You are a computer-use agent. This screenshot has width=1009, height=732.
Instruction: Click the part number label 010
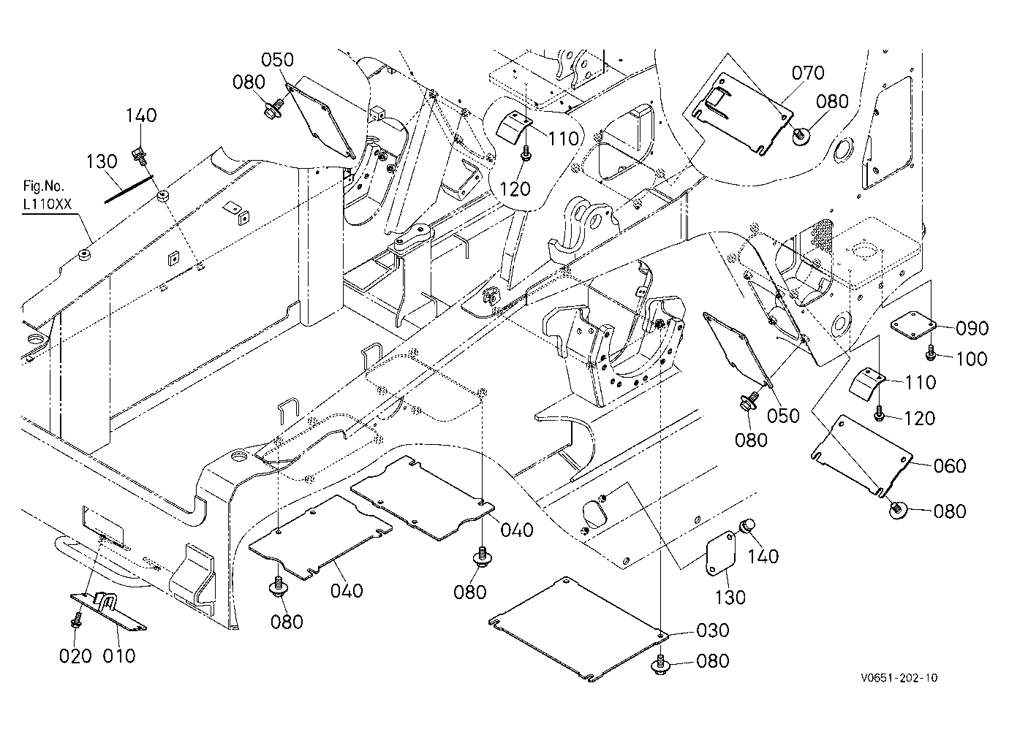tap(119, 655)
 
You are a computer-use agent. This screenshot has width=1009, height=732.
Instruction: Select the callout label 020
tap(75, 655)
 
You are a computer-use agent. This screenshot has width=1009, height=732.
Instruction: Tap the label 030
tap(713, 630)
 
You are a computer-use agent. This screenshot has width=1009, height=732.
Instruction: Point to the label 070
tap(808, 72)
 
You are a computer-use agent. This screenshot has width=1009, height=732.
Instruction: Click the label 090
tap(972, 328)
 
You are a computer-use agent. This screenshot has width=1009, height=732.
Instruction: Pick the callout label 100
tap(971, 359)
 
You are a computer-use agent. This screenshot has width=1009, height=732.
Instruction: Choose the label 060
tap(950, 465)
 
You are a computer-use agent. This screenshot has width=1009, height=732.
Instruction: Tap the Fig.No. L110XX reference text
tap(47, 195)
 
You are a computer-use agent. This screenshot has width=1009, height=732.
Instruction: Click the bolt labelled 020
tap(76, 620)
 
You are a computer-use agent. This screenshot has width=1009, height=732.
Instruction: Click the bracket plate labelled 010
tap(108, 611)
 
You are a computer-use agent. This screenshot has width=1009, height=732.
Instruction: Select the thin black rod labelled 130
tap(129, 189)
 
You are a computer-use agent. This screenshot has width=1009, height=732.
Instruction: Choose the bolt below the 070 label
tap(801, 135)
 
